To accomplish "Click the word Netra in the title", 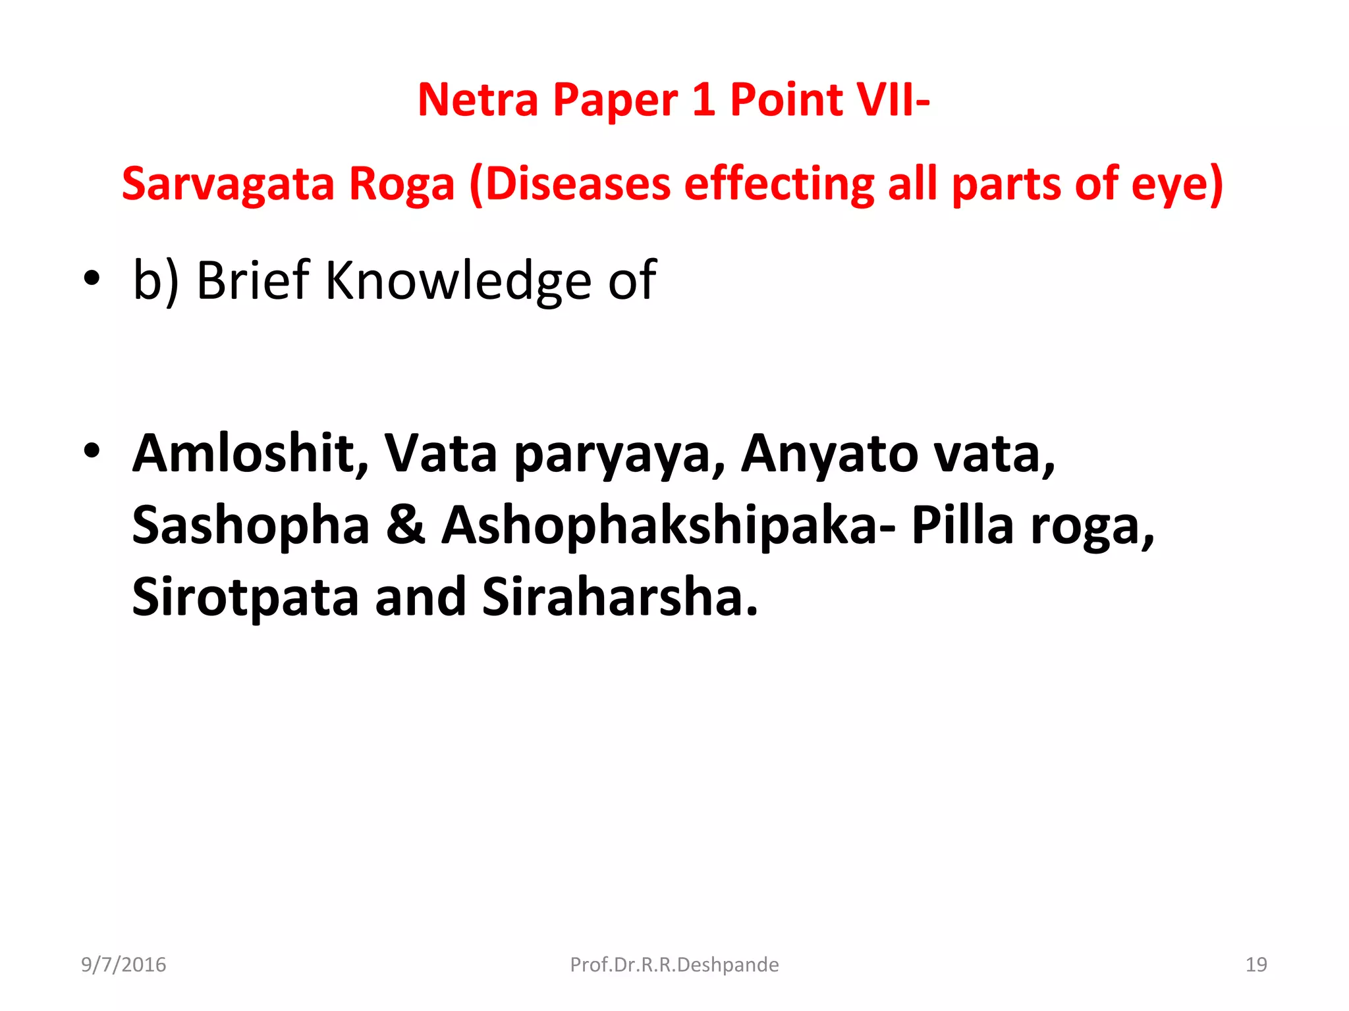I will coord(478,100).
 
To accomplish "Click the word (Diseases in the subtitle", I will coord(570,184).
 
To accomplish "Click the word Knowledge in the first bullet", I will coord(458,280).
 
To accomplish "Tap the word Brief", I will coord(253,280).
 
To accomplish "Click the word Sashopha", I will coord(251,526).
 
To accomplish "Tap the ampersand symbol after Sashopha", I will coord(406,526).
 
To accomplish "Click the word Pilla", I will coord(962,526).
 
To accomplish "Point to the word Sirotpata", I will coord(245,597).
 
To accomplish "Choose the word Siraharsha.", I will coord(620,597).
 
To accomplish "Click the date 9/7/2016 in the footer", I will coord(124,965).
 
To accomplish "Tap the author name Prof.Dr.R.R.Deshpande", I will coord(674,965).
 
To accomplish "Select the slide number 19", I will coord(1256,965).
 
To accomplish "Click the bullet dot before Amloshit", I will coord(92,452).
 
